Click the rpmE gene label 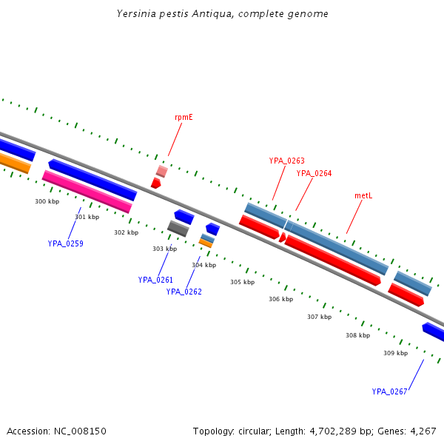pyautogui.click(x=184, y=117)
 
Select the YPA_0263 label pyautogui.click(x=286, y=161)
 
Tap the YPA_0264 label pyautogui.click(x=314, y=173)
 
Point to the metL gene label pyautogui.click(x=363, y=195)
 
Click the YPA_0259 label pyautogui.click(x=65, y=243)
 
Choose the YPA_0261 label pyautogui.click(x=155, y=280)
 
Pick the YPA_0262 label pyautogui.click(x=184, y=292)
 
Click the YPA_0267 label pyautogui.click(x=389, y=391)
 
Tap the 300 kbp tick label pyautogui.click(x=47, y=201)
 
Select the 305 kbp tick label pyautogui.click(x=242, y=282)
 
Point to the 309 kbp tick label pyautogui.click(x=395, y=353)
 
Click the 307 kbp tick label pyautogui.click(x=319, y=317)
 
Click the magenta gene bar pyautogui.click(x=87, y=192)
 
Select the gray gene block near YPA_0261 pyautogui.click(x=178, y=229)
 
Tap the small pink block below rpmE pyautogui.click(x=161, y=172)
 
